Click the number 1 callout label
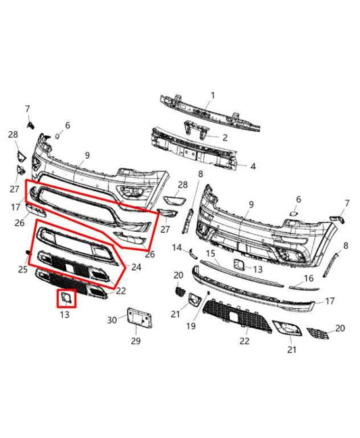(x=212, y=95)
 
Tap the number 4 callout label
(x=234, y=166)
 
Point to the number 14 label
(x=178, y=248)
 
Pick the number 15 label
(x=210, y=253)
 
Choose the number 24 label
(x=136, y=267)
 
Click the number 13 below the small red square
(x=65, y=315)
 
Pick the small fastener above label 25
(x=28, y=253)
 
